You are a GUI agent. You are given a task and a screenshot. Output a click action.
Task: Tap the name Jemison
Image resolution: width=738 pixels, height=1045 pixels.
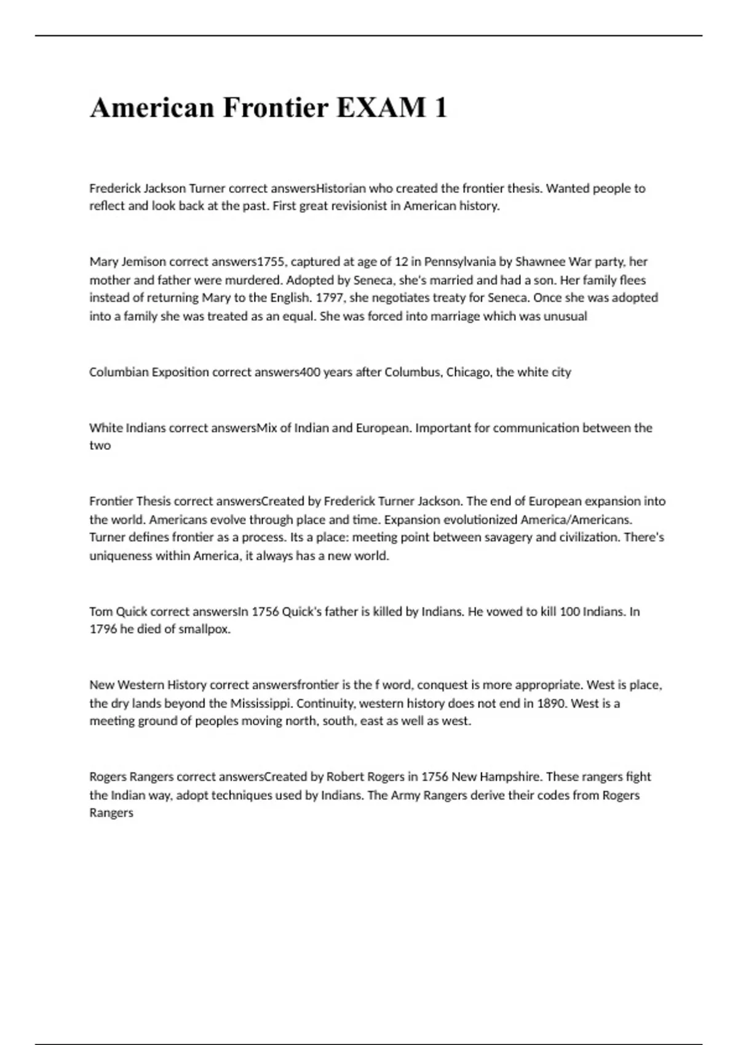coord(146,262)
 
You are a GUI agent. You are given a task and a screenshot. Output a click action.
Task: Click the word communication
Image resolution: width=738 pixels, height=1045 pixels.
coord(536,428)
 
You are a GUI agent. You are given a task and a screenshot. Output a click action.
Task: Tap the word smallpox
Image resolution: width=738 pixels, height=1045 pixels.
coord(204,629)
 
